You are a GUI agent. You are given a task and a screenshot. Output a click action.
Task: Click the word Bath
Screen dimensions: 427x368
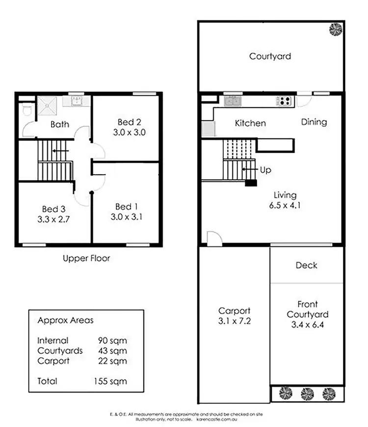[x=59, y=125]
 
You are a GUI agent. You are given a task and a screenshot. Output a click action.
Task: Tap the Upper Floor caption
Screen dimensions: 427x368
[x=86, y=258]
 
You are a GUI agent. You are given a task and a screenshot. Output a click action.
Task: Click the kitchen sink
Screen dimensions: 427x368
[x=232, y=101]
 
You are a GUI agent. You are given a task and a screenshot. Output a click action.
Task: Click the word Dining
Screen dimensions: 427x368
[x=314, y=122]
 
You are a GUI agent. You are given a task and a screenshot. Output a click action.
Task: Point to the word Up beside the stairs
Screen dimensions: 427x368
[x=265, y=170]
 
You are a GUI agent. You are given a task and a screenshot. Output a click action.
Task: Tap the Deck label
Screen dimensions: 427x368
[x=306, y=266]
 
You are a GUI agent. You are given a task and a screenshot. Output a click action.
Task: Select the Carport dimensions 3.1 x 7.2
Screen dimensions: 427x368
[x=234, y=321]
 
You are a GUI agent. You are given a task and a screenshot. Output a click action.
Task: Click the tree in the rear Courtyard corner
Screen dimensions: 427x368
[x=336, y=29]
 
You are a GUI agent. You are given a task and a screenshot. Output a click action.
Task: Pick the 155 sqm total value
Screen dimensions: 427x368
[x=110, y=381]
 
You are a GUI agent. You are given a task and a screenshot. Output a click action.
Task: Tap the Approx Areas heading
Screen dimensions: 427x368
[x=65, y=320]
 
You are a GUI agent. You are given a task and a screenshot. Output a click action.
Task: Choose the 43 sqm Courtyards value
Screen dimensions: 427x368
[x=112, y=351]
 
